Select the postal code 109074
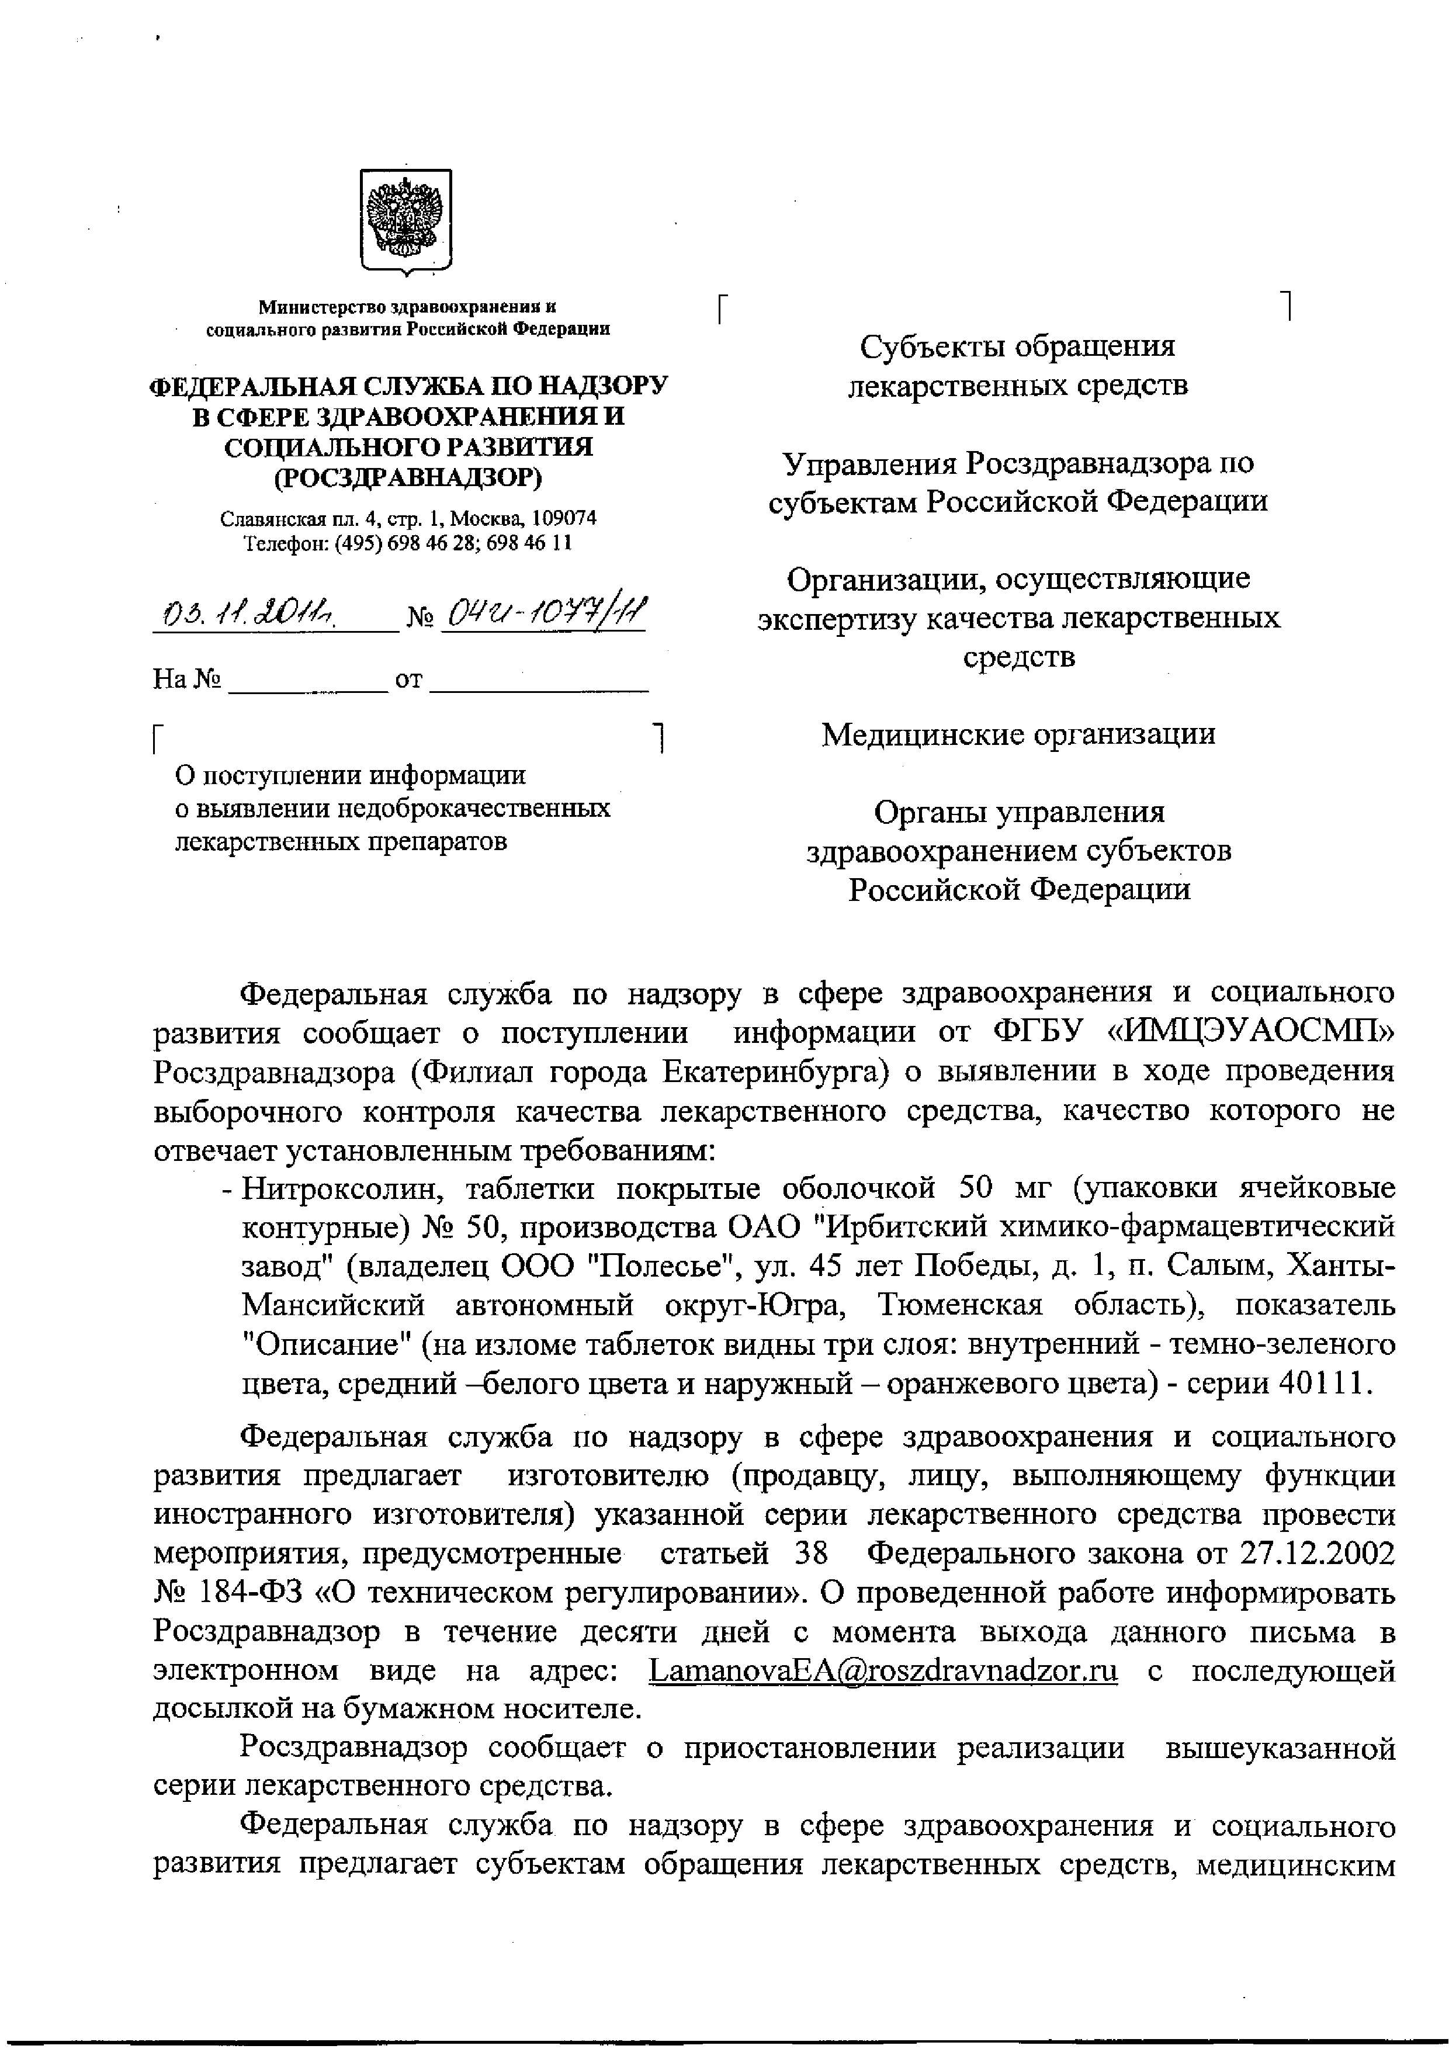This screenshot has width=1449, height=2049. click(565, 518)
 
